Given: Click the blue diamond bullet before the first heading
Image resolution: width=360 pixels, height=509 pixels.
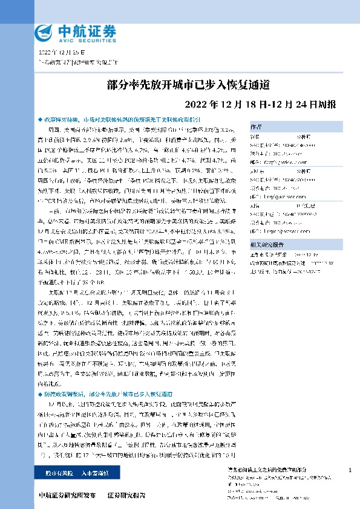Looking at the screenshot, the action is [x=41, y=119].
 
